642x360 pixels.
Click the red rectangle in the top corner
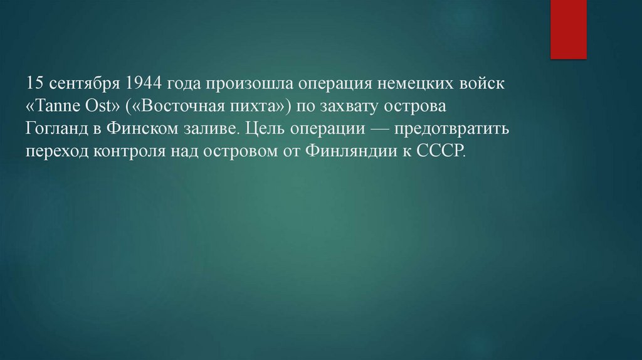[x=568, y=29]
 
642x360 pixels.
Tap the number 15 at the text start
[x=33, y=83]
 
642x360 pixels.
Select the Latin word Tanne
[x=61, y=107]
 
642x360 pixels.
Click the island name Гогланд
[x=56, y=130]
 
